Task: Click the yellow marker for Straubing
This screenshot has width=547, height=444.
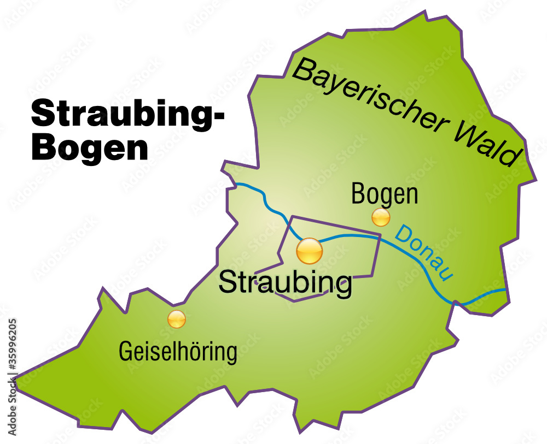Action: (310, 251)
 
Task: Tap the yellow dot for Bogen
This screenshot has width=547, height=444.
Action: (381, 217)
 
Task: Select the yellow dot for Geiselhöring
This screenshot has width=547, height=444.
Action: (177, 319)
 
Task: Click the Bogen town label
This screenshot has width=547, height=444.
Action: (385, 194)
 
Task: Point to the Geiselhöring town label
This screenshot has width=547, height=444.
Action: (178, 352)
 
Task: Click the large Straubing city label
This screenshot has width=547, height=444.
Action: (285, 282)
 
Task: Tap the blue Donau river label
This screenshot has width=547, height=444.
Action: (424, 254)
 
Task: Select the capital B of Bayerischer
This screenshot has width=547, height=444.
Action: (302, 72)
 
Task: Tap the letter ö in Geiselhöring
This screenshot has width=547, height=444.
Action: (193, 351)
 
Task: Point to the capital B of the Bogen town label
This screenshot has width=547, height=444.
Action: (359, 194)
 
